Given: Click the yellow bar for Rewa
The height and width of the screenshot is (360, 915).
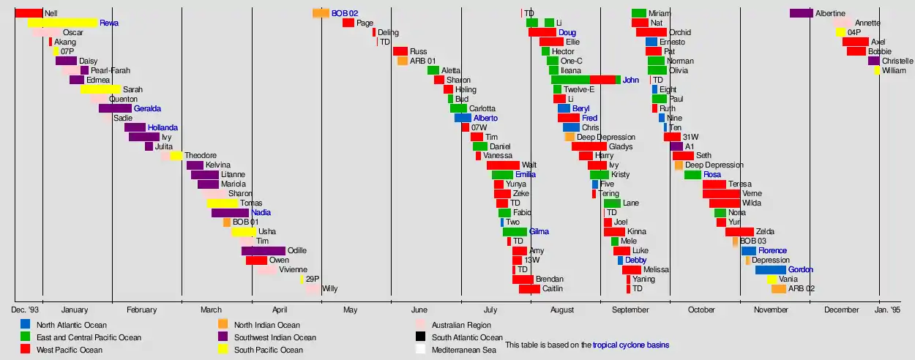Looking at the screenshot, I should tap(62, 23).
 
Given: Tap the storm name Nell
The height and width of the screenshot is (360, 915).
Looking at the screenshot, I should tap(51, 13).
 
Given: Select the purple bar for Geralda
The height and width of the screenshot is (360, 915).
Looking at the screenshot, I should tap(115, 108).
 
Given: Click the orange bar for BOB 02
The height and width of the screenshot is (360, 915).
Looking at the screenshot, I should tap(321, 13).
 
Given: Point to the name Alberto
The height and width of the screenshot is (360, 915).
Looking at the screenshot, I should tap(485, 118).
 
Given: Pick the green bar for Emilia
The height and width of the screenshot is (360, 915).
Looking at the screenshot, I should tap(502, 175).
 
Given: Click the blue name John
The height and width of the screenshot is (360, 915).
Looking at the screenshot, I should tap(630, 80).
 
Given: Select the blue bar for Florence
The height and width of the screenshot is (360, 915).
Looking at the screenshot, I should tap(748, 251).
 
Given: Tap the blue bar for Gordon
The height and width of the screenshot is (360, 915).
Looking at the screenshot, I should tap(770, 270).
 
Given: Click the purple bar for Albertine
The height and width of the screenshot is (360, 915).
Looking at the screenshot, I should tap(801, 13).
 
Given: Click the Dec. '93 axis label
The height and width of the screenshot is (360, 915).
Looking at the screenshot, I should tap(25, 310).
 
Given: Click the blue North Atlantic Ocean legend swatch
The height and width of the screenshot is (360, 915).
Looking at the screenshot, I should tap(26, 324).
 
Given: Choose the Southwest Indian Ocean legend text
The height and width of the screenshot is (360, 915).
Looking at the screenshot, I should tap(274, 337).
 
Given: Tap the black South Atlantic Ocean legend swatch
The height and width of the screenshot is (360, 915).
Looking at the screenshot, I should tap(420, 337).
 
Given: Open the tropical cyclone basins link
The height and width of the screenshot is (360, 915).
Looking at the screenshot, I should tap(630, 345).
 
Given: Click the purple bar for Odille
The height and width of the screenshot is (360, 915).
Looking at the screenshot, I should tap(263, 251).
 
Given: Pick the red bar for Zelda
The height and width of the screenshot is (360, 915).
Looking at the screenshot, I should tap(739, 232).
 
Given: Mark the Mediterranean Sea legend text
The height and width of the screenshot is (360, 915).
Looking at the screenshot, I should tap(463, 350).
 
